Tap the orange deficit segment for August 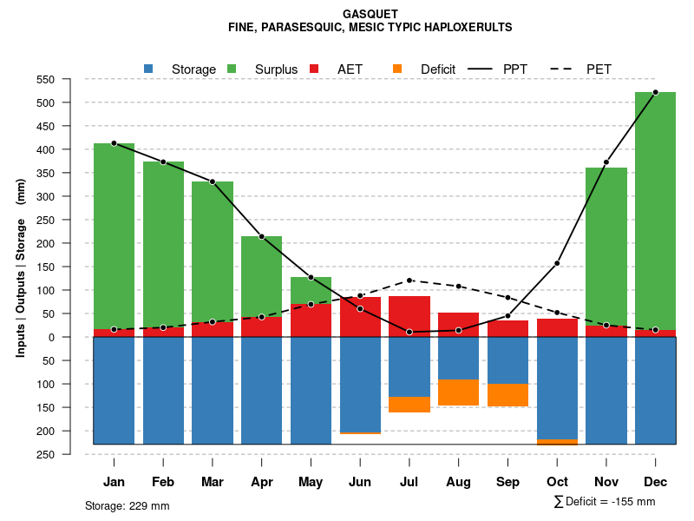[x=458, y=392]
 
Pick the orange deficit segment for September [x=507, y=395]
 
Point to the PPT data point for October [x=557, y=263]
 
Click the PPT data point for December [x=655, y=92]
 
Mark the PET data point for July [x=409, y=280]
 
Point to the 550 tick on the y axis [x=69, y=79]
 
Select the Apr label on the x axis [x=261, y=482]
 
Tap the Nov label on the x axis [x=606, y=482]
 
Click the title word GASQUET [x=370, y=14]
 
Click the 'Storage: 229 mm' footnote [x=128, y=505]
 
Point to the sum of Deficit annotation [x=605, y=502]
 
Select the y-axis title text [x=21, y=267]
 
